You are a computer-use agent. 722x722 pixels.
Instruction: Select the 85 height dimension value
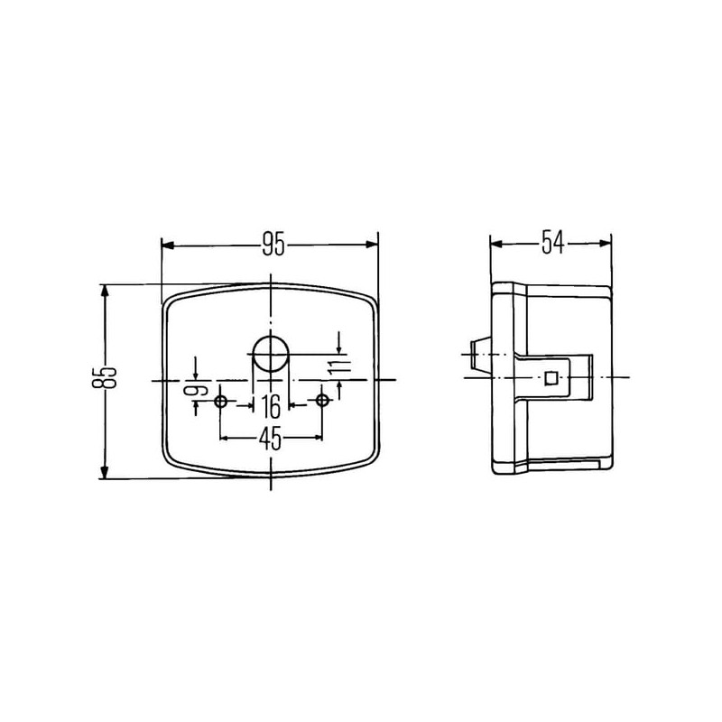105,371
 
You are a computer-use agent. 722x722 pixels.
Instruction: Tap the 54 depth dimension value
552,243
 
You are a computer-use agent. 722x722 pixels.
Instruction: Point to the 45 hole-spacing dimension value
270,439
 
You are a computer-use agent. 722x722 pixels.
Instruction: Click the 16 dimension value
271,406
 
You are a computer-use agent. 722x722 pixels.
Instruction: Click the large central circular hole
271,354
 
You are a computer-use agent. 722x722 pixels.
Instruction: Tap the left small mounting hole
220,402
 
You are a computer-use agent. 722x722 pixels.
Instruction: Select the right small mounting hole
322,401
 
